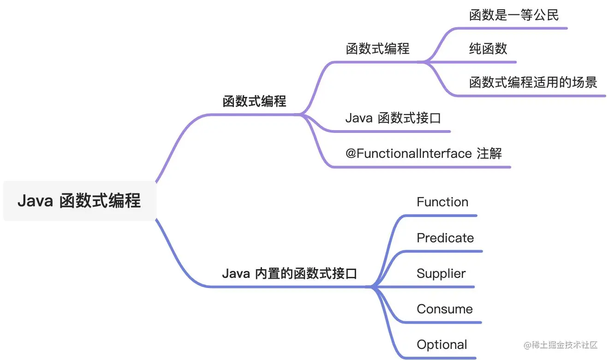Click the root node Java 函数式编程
coord(79,201)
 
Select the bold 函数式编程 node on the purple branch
coord(255,101)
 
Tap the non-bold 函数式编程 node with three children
coord(378,48)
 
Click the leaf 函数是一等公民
coord(514,15)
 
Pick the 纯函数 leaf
coord(488,48)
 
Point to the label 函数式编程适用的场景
coord(533,83)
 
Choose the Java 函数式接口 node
coord(393,118)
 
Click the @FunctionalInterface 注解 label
coord(423,153)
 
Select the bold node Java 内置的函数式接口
coord(290,274)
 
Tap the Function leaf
coord(442,202)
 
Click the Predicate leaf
coord(445,238)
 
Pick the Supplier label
coord(441,273)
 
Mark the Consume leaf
coord(445,309)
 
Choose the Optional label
coord(442,345)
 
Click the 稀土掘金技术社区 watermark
coord(560,345)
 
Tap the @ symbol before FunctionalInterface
coord(351,153)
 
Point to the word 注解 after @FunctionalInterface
coord(489,153)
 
